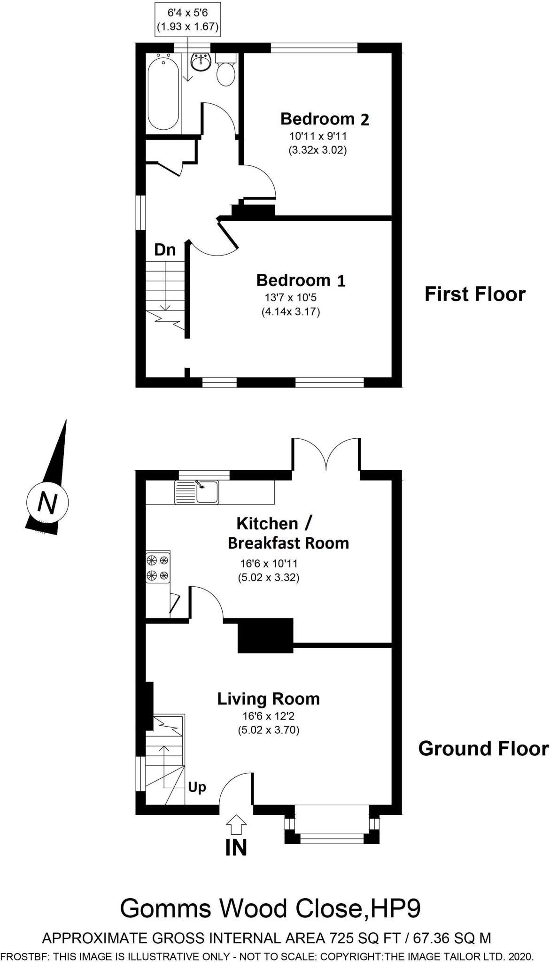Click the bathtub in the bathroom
click(x=163, y=92)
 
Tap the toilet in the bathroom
click(x=226, y=73)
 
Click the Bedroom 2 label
click(x=325, y=119)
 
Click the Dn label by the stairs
click(x=165, y=250)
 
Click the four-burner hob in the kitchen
click(x=158, y=567)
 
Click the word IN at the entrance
click(x=236, y=848)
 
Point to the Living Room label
click(x=268, y=699)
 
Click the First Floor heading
click(x=475, y=295)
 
